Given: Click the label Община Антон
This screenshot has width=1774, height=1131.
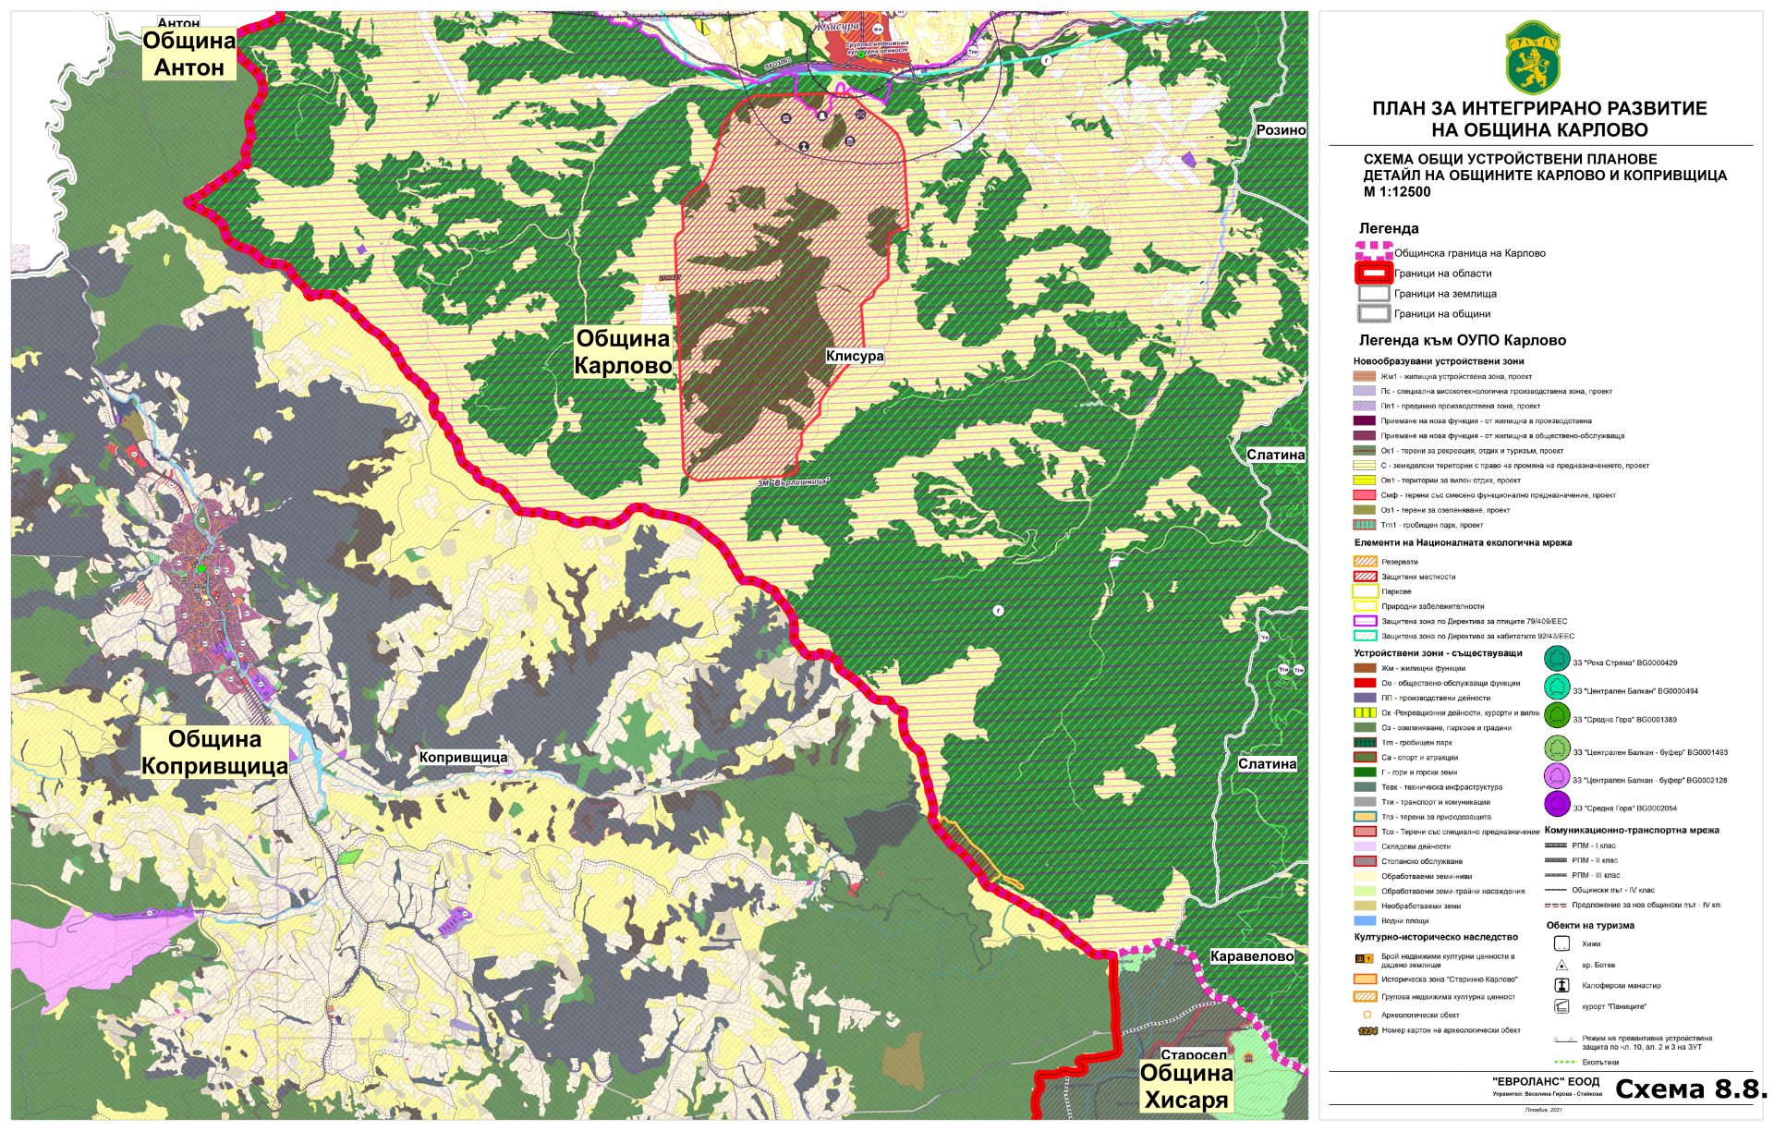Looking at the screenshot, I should point(189,55).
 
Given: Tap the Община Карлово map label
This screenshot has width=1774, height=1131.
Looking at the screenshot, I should point(623,352).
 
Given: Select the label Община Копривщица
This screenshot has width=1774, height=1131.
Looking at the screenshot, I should point(214,752).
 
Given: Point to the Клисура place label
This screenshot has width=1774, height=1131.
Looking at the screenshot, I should point(855,356).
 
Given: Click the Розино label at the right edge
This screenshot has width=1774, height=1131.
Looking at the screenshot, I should point(1281,130).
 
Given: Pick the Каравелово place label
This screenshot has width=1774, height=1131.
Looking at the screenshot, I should point(1252,956).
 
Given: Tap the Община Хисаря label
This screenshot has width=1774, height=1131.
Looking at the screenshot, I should point(1186,1087).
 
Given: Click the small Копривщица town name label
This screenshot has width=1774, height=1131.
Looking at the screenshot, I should point(463,757).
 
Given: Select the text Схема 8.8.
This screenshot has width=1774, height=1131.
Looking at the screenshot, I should point(1690,1089).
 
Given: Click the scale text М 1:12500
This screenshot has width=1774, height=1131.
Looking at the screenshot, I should point(1396,192).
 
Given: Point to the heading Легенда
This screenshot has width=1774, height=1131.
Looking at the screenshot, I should point(1388,228).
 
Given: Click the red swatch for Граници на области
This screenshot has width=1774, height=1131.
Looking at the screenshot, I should point(1373,273).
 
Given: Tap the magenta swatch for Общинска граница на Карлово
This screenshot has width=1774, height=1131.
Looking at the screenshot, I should point(1373,251).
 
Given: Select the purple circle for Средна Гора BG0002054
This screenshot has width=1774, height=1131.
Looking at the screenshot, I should point(1558,804).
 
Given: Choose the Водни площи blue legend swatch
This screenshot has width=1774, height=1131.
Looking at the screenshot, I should point(1365,920).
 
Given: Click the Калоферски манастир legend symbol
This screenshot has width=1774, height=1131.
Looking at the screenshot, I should point(1561,985).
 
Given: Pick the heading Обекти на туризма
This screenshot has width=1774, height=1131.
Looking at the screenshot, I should point(1590,925).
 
